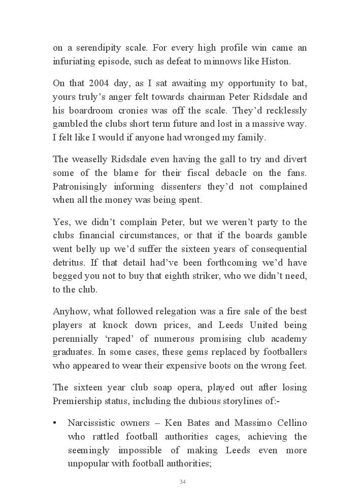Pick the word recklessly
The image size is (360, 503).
283,110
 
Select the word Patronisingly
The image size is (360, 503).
81,186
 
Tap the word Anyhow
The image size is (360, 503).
69,311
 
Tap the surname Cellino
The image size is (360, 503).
290,423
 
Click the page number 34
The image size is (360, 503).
182,482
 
